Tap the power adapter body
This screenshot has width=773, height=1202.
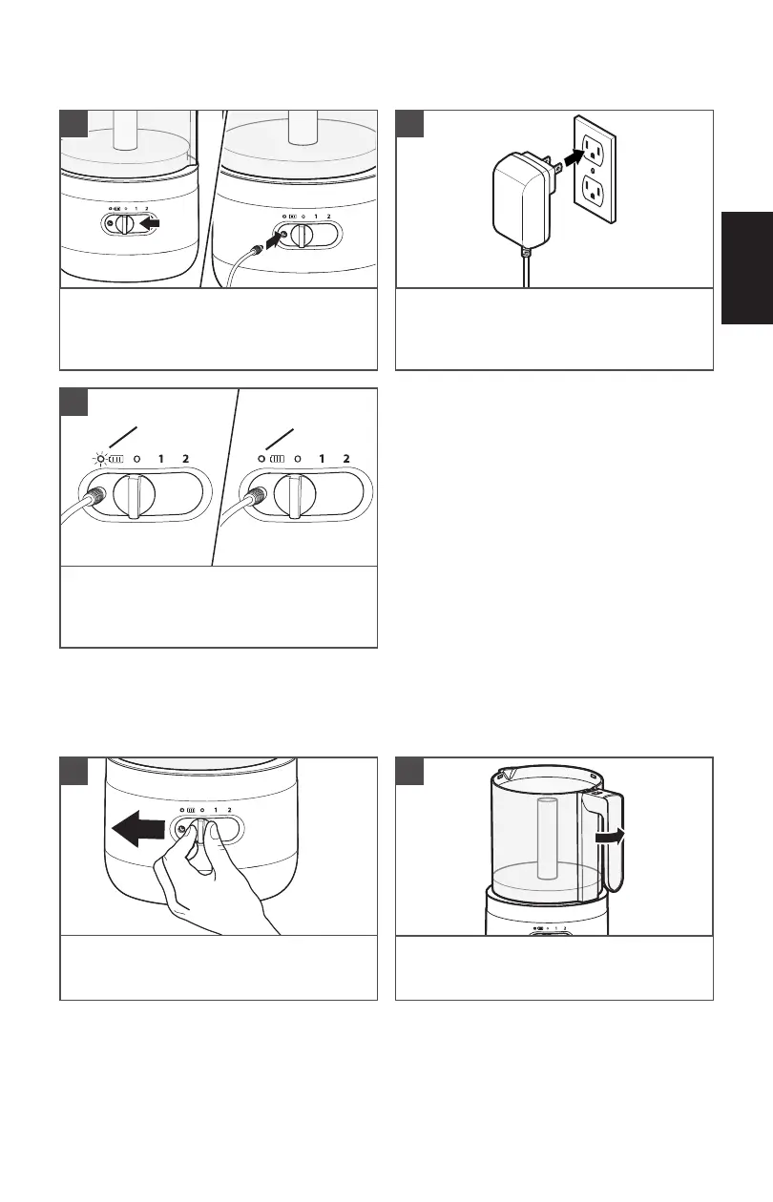click(x=521, y=198)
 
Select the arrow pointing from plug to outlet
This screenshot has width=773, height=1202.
click(x=574, y=158)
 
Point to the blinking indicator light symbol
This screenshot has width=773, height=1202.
click(x=100, y=460)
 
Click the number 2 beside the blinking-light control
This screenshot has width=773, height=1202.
click(x=185, y=459)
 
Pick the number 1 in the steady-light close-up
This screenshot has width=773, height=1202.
click(x=322, y=459)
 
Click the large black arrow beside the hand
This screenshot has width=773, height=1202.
click(x=138, y=828)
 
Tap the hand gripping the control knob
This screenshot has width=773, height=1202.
click(x=212, y=880)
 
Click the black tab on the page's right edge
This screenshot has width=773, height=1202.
click(x=747, y=268)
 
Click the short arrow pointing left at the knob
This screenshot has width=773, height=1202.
click(x=150, y=222)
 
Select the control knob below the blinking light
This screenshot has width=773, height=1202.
click(x=135, y=495)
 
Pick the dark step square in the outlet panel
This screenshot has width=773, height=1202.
click(x=409, y=124)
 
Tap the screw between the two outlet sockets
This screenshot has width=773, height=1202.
click(x=593, y=170)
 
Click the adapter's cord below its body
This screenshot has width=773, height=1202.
click(x=527, y=268)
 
